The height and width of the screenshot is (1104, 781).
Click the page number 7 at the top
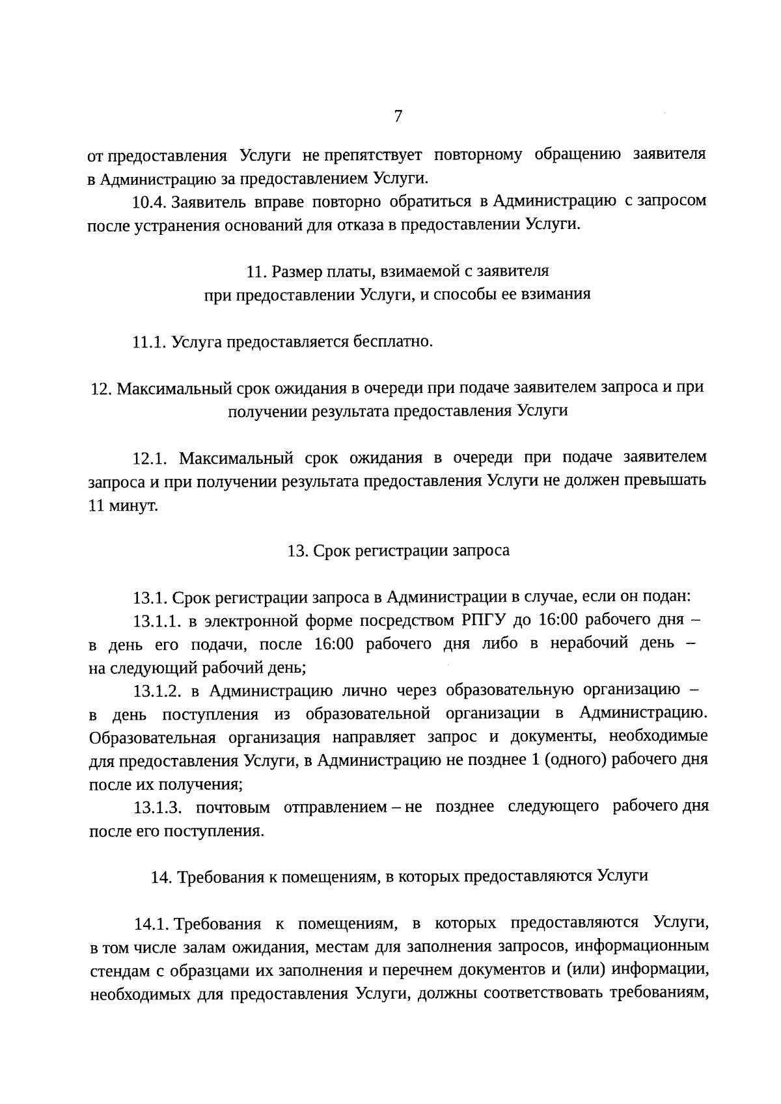398,116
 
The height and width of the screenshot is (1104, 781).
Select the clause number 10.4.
150,202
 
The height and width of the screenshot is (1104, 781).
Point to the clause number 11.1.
150,342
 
